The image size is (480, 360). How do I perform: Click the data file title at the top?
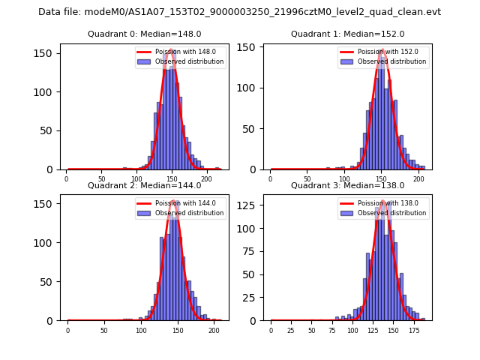click(x=239, y=12)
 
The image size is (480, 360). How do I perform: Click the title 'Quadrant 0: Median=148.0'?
click(x=144, y=34)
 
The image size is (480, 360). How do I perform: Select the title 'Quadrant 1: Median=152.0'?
click(x=347, y=34)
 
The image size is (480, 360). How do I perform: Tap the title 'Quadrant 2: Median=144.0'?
click(x=144, y=185)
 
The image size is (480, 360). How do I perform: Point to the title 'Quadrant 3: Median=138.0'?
click(x=347, y=185)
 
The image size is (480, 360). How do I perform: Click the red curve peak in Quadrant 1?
click(x=382, y=50)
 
